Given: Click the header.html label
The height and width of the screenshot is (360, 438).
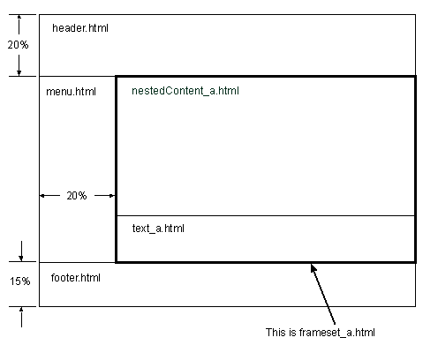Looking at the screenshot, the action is coord(80,28).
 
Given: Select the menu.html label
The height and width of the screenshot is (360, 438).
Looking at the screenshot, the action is coord(71,92).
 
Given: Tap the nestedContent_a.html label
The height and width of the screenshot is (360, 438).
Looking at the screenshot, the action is coord(185,91).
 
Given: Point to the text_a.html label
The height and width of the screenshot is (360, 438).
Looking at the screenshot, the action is coord(158,229).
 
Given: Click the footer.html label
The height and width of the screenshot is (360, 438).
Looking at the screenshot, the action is coord(76,278).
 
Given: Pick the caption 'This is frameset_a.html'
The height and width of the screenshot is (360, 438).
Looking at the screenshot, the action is coord(321,333).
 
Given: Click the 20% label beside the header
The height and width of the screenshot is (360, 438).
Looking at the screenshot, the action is coord(18,45).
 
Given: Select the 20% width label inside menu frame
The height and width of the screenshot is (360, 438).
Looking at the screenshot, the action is coord(77,196).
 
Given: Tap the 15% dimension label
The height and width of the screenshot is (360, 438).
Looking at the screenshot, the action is coord(19,281).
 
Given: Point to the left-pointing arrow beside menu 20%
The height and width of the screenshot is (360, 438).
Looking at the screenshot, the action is coord(49,196).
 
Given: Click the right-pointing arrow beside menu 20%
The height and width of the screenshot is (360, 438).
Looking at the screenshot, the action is coord(104,196).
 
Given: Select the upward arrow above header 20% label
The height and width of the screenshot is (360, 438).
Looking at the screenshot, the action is coord(19,25).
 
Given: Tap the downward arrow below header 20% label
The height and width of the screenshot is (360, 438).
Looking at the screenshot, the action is coord(19,65).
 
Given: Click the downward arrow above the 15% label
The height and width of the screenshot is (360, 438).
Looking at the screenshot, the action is coord(21,251).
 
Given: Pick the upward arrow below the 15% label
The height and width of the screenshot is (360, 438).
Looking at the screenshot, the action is coord(21,317).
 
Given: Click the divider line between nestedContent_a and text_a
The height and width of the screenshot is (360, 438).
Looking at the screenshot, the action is coord(266,216).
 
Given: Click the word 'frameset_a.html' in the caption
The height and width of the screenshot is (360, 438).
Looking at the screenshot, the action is coord(337,333).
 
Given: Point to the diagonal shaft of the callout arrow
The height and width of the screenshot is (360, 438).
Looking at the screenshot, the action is coord(323,295).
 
